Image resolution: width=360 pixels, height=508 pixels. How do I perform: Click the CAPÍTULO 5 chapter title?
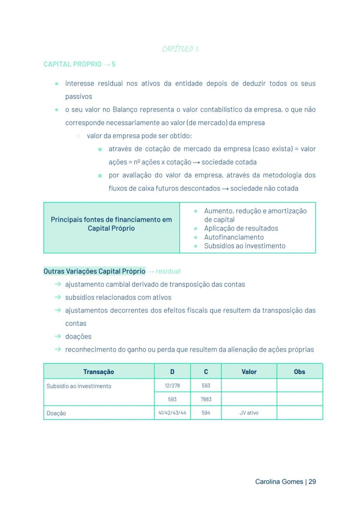(180, 49)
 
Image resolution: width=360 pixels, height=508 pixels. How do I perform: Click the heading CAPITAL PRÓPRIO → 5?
(80, 64)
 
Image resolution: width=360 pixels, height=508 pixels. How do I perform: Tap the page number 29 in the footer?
(312, 482)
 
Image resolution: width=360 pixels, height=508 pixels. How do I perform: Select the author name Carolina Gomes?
(279, 482)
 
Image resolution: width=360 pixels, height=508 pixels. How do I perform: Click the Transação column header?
(99, 372)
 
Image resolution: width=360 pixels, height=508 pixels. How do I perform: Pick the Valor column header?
(249, 372)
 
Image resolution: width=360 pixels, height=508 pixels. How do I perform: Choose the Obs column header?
(300, 372)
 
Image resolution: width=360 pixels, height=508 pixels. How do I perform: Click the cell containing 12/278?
(172, 386)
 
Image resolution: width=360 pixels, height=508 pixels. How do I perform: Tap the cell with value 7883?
(206, 399)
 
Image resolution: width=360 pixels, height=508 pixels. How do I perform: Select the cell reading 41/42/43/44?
(172, 413)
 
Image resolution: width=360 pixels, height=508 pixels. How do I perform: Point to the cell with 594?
(206, 413)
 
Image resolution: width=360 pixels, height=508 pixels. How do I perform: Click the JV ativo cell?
(249, 413)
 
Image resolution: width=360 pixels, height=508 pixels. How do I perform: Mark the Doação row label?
(57, 413)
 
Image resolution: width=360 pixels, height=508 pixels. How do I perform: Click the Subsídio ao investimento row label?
(79, 386)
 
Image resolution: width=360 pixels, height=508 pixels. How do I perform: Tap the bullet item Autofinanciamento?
(234, 237)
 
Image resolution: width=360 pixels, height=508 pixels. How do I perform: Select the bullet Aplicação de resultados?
(241, 229)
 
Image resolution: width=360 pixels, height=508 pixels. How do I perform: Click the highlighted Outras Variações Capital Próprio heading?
(94, 271)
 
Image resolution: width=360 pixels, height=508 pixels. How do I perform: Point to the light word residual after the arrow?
(168, 272)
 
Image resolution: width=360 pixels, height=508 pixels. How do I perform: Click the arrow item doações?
(78, 336)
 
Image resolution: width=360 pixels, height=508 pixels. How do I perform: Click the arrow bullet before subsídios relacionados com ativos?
(58, 297)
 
